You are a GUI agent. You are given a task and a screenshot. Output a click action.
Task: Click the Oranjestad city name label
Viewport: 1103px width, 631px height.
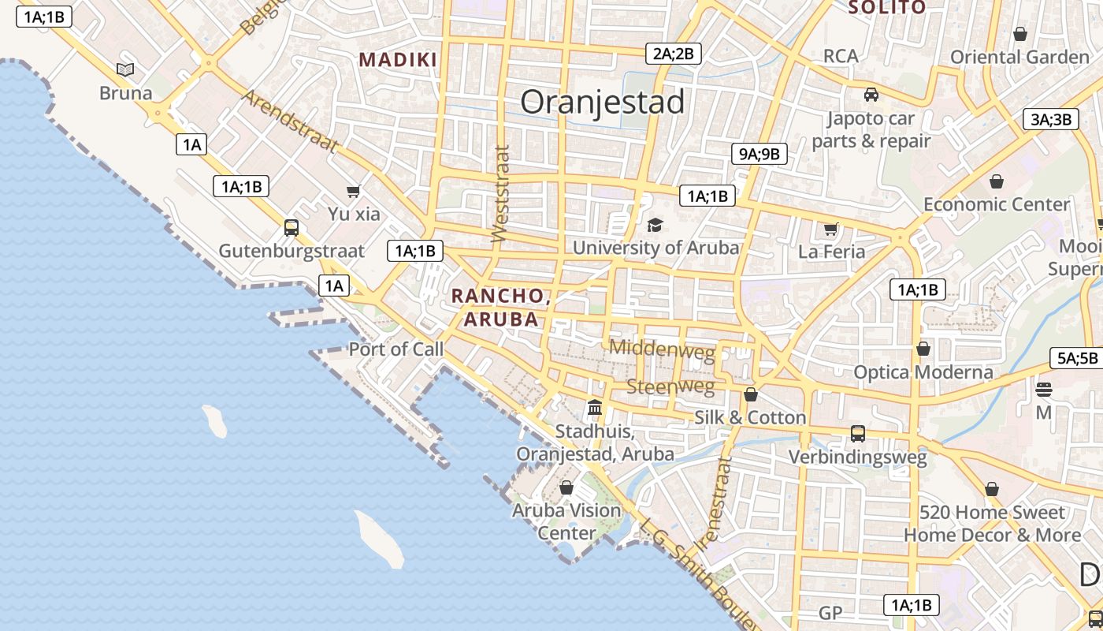[x=603, y=103]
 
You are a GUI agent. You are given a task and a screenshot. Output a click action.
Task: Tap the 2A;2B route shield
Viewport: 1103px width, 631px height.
[x=673, y=54]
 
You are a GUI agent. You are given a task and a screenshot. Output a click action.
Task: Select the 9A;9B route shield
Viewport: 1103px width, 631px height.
[x=759, y=154]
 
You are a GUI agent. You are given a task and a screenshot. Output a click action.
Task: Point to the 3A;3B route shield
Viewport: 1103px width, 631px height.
[x=1051, y=119]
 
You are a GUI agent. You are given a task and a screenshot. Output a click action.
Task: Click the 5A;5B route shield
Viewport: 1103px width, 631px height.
[x=1077, y=358]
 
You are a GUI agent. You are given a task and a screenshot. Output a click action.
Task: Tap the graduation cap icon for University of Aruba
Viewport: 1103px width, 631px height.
[x=655, y=226]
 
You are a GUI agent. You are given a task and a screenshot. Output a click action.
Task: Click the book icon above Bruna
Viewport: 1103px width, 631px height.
[x=125, y=69]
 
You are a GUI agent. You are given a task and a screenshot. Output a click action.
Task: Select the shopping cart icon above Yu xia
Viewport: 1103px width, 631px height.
[x=354, y=191]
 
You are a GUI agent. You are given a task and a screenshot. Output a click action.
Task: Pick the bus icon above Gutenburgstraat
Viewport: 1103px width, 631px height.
[x=292, y=228]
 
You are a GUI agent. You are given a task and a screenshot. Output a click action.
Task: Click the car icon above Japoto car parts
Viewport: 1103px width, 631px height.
[x=871, y=95]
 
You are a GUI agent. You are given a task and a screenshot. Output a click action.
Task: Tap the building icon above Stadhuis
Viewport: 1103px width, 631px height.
[x=595, y=408]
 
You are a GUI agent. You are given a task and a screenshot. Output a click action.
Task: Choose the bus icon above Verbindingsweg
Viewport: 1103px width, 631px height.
[x=858, y=433]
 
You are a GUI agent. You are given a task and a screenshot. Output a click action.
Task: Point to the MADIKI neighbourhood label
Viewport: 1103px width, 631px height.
[x=398, y=60]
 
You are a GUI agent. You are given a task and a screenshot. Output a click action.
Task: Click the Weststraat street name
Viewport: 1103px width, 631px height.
[x=500, y=194]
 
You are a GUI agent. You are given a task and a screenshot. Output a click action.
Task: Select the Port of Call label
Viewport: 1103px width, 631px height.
[x=396, y=349]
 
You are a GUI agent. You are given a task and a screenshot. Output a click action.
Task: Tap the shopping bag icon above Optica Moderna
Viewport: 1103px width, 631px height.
[x=923, y=349]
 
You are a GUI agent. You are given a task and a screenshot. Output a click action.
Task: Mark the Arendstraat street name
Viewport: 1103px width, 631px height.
[x=290, y=121]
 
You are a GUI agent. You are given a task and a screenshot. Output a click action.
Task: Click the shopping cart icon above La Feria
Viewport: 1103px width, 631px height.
[x=831, y=229]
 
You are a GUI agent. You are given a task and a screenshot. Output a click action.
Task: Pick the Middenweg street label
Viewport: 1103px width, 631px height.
[x=662, y=348]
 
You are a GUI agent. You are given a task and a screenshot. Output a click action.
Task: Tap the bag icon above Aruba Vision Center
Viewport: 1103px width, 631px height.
[x=566, y=487]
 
